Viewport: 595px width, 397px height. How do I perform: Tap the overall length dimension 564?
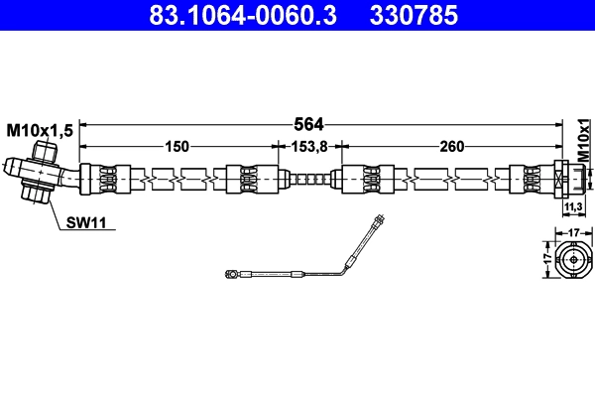[310, 125]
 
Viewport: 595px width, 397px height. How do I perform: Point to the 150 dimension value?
[177, 147]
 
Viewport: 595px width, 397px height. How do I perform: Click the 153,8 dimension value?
[310, 147]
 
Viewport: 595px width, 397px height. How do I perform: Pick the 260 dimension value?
[451, 147]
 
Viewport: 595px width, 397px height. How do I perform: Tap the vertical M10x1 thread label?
[584, 139]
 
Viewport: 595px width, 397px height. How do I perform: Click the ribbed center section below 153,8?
[310, 180]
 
